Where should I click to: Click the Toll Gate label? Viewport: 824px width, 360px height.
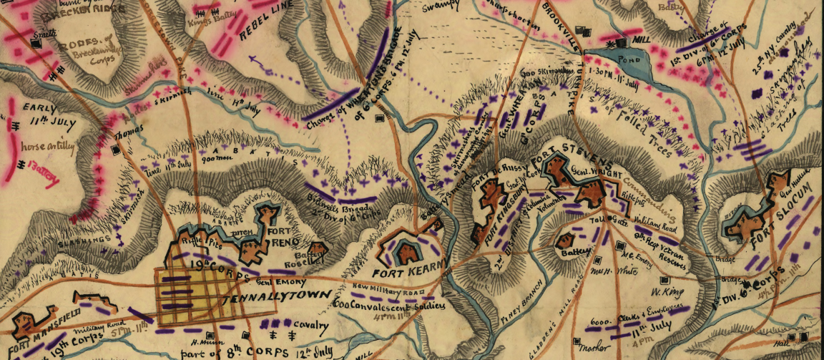[604, 225]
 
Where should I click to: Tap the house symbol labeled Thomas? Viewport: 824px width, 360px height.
[116, 149]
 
